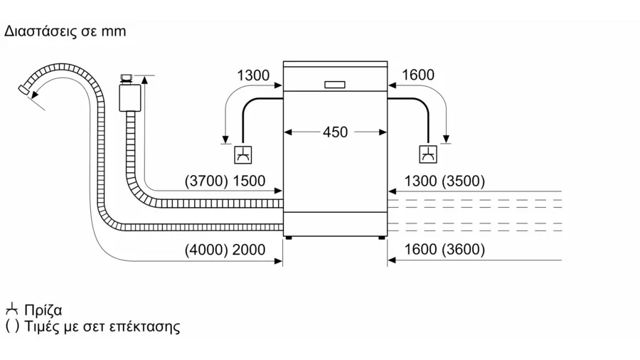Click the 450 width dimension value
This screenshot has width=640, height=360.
(335, 132)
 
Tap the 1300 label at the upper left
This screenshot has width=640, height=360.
(253, 75)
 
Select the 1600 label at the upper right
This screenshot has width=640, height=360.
(418, 75)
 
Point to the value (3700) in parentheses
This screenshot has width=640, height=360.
(206, 181)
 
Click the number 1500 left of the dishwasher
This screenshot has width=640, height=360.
(249, 181)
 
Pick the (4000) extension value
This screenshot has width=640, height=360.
(206, 250)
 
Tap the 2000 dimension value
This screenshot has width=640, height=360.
(249, 250)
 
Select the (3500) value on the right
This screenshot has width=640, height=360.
(464, 181)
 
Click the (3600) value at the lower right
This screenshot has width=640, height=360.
(464, 250)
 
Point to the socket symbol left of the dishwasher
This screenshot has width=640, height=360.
(243, 155)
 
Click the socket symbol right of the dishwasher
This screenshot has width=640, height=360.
(428, 154)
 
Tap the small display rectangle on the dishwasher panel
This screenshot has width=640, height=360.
(335, 85)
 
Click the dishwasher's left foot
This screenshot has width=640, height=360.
(289, 238)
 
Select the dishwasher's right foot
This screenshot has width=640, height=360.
(382, 238)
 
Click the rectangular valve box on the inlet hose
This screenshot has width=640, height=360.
(130, 97)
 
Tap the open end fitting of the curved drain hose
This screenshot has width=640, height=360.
(24, 90)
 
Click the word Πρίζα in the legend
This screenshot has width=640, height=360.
(43, 311)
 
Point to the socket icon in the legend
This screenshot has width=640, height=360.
(12, 309)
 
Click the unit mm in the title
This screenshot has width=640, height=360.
(114, 32)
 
